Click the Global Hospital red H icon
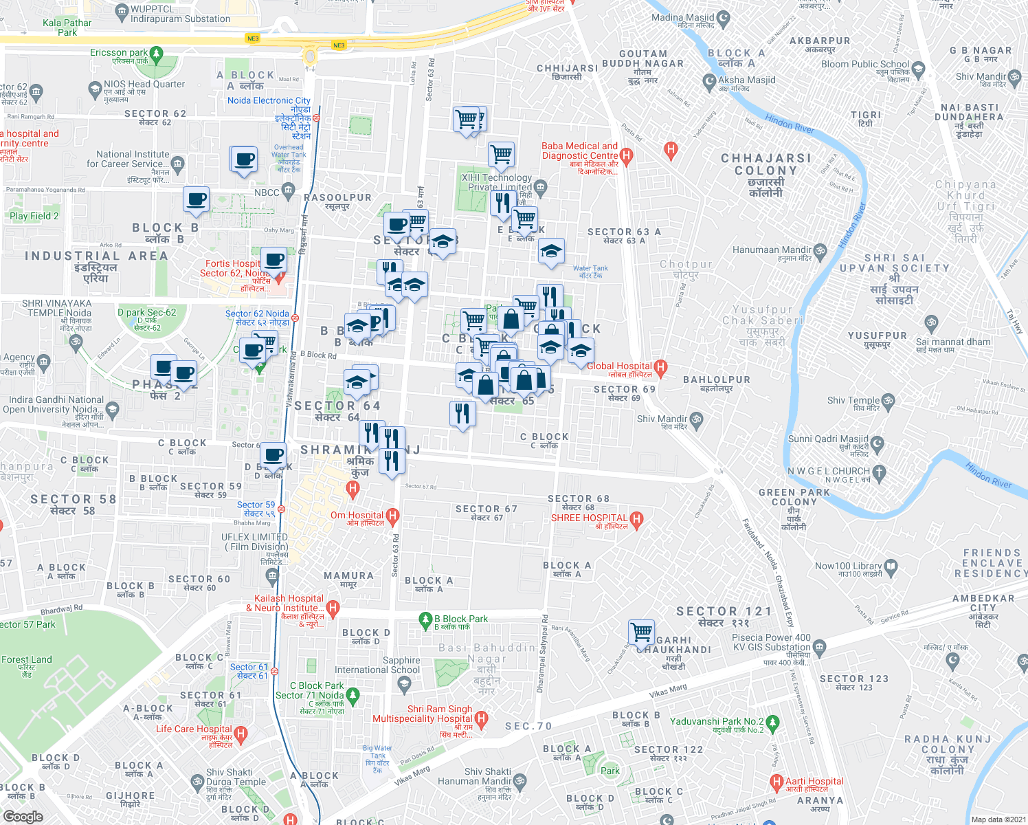coord(660,367)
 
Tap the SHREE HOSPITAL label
coord(589,518)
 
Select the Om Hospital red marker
coord(392,516)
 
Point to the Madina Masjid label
coord(682,18)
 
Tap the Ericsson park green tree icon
coord(157,53)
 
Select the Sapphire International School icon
coord(404,683)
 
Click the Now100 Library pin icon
coord(891,566)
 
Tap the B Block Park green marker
coord(425,619)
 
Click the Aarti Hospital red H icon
coord(776,782)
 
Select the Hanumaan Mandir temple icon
coord(820,251)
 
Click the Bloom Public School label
coord(864,65)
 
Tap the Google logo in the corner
coord(23,817)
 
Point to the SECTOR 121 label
coord(724,611)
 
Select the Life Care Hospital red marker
coord(241,734)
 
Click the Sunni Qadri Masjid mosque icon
coord(877,443)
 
